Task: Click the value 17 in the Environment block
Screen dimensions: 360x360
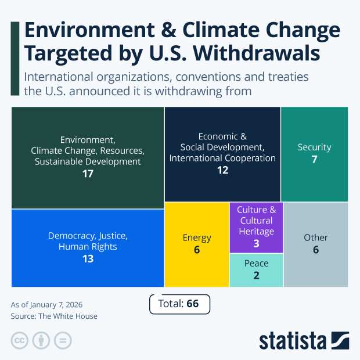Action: [x=88, y=174]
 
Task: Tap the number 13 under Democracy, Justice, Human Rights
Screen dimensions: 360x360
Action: [x=88, y=259]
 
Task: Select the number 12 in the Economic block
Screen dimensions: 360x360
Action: [x=222, y=170]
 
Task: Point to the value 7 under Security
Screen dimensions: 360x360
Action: [x=314, y=159]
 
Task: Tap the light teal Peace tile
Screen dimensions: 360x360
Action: [x=256, y=270]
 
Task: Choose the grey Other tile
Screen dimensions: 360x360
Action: [x=316, y=244]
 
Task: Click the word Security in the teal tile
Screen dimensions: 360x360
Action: [x=314, y=147]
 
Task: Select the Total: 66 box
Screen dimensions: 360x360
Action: [x=179, y=304]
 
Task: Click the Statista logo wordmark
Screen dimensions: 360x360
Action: [x=293, y=341]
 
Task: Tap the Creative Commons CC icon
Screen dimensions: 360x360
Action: [x=20, y=340]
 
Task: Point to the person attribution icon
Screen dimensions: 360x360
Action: [x=41, y=340]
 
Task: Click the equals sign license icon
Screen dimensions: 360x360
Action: [x=63, y=340]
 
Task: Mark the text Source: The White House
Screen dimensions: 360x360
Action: [x=54, y=316]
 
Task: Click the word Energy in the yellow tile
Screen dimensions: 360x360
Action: [x=197, y=237]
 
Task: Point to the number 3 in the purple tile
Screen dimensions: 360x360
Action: [x=256, y=244]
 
